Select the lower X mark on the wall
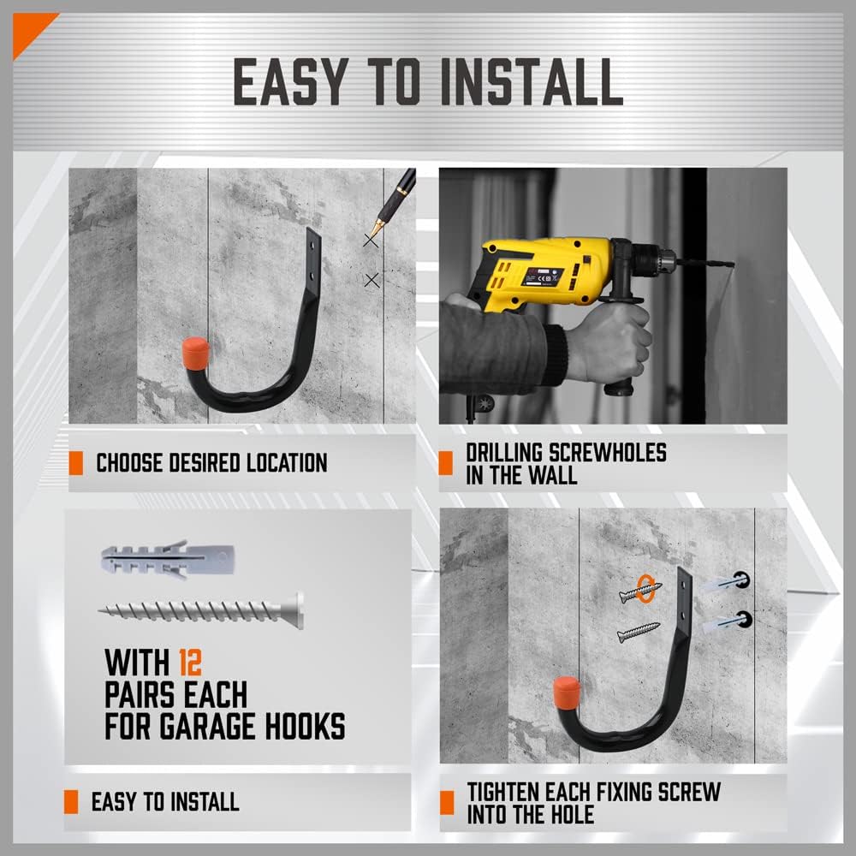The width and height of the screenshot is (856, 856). [x=372, y=279]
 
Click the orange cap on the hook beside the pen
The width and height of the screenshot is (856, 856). [x=196, y=353]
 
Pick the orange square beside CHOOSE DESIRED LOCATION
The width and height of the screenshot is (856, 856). [x=76, y=463]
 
